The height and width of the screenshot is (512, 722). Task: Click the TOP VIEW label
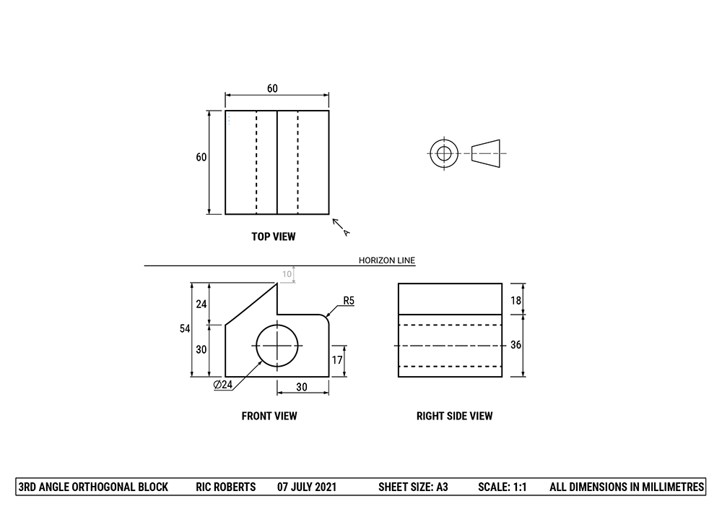pos(273,236)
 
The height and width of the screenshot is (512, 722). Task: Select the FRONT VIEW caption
pos(269,416)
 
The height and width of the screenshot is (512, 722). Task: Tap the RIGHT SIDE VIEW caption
pos(454,416)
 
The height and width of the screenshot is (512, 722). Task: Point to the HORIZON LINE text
pos(387,261)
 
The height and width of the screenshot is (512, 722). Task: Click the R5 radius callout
pos(349,300)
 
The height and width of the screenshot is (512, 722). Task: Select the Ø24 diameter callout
pos(223,385)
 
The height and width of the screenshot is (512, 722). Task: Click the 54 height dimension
pos(186,329)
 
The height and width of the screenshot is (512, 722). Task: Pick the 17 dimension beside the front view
pos(336,360)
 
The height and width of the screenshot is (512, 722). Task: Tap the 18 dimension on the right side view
pos(516,299)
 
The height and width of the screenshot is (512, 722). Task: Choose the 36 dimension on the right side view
pos(516,345)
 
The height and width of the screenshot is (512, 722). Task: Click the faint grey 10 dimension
pos(287,274)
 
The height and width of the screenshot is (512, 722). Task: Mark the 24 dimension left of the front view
pos(201,304)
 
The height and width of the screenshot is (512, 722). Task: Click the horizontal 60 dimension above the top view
pos(272,89)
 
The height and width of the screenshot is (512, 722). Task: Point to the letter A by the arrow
pos(347,233)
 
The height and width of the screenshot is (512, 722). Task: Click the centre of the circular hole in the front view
pos(277,345)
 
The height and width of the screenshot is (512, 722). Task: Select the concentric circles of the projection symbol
pos(443,153)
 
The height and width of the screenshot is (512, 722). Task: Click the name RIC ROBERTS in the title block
pos(226,487)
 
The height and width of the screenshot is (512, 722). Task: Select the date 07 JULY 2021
pos(307,487)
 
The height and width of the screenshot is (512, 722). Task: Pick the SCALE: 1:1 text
pos(503,487)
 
